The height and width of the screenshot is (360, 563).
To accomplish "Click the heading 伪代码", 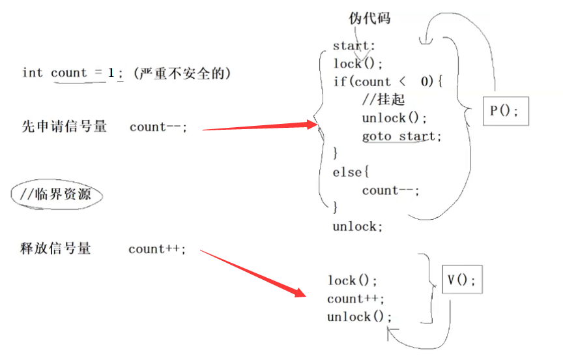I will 370,18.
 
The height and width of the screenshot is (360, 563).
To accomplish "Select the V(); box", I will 461,280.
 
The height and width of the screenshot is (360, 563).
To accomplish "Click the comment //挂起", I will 384,100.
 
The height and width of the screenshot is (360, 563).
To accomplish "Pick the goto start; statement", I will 401,136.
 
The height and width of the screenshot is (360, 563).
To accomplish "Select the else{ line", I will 351,172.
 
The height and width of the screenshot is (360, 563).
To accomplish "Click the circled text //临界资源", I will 57,194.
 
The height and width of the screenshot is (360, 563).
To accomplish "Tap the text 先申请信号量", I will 64,127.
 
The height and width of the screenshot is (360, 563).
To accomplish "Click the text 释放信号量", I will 55,248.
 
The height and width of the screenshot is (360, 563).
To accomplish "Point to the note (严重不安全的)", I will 182,73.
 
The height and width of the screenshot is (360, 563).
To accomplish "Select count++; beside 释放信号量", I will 157,248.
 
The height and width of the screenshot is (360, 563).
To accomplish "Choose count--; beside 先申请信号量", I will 158,127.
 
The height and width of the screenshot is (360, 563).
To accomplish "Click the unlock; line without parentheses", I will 354,226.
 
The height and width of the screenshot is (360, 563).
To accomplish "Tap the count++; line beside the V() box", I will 356,299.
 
